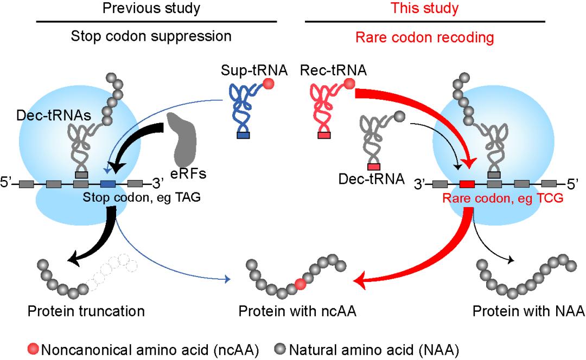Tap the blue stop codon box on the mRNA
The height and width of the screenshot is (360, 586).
click(x=108, y=183)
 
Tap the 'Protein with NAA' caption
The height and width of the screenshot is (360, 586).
click(x=528, y=311)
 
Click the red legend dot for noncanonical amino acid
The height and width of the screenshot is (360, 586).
click(x=34, y=348)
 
